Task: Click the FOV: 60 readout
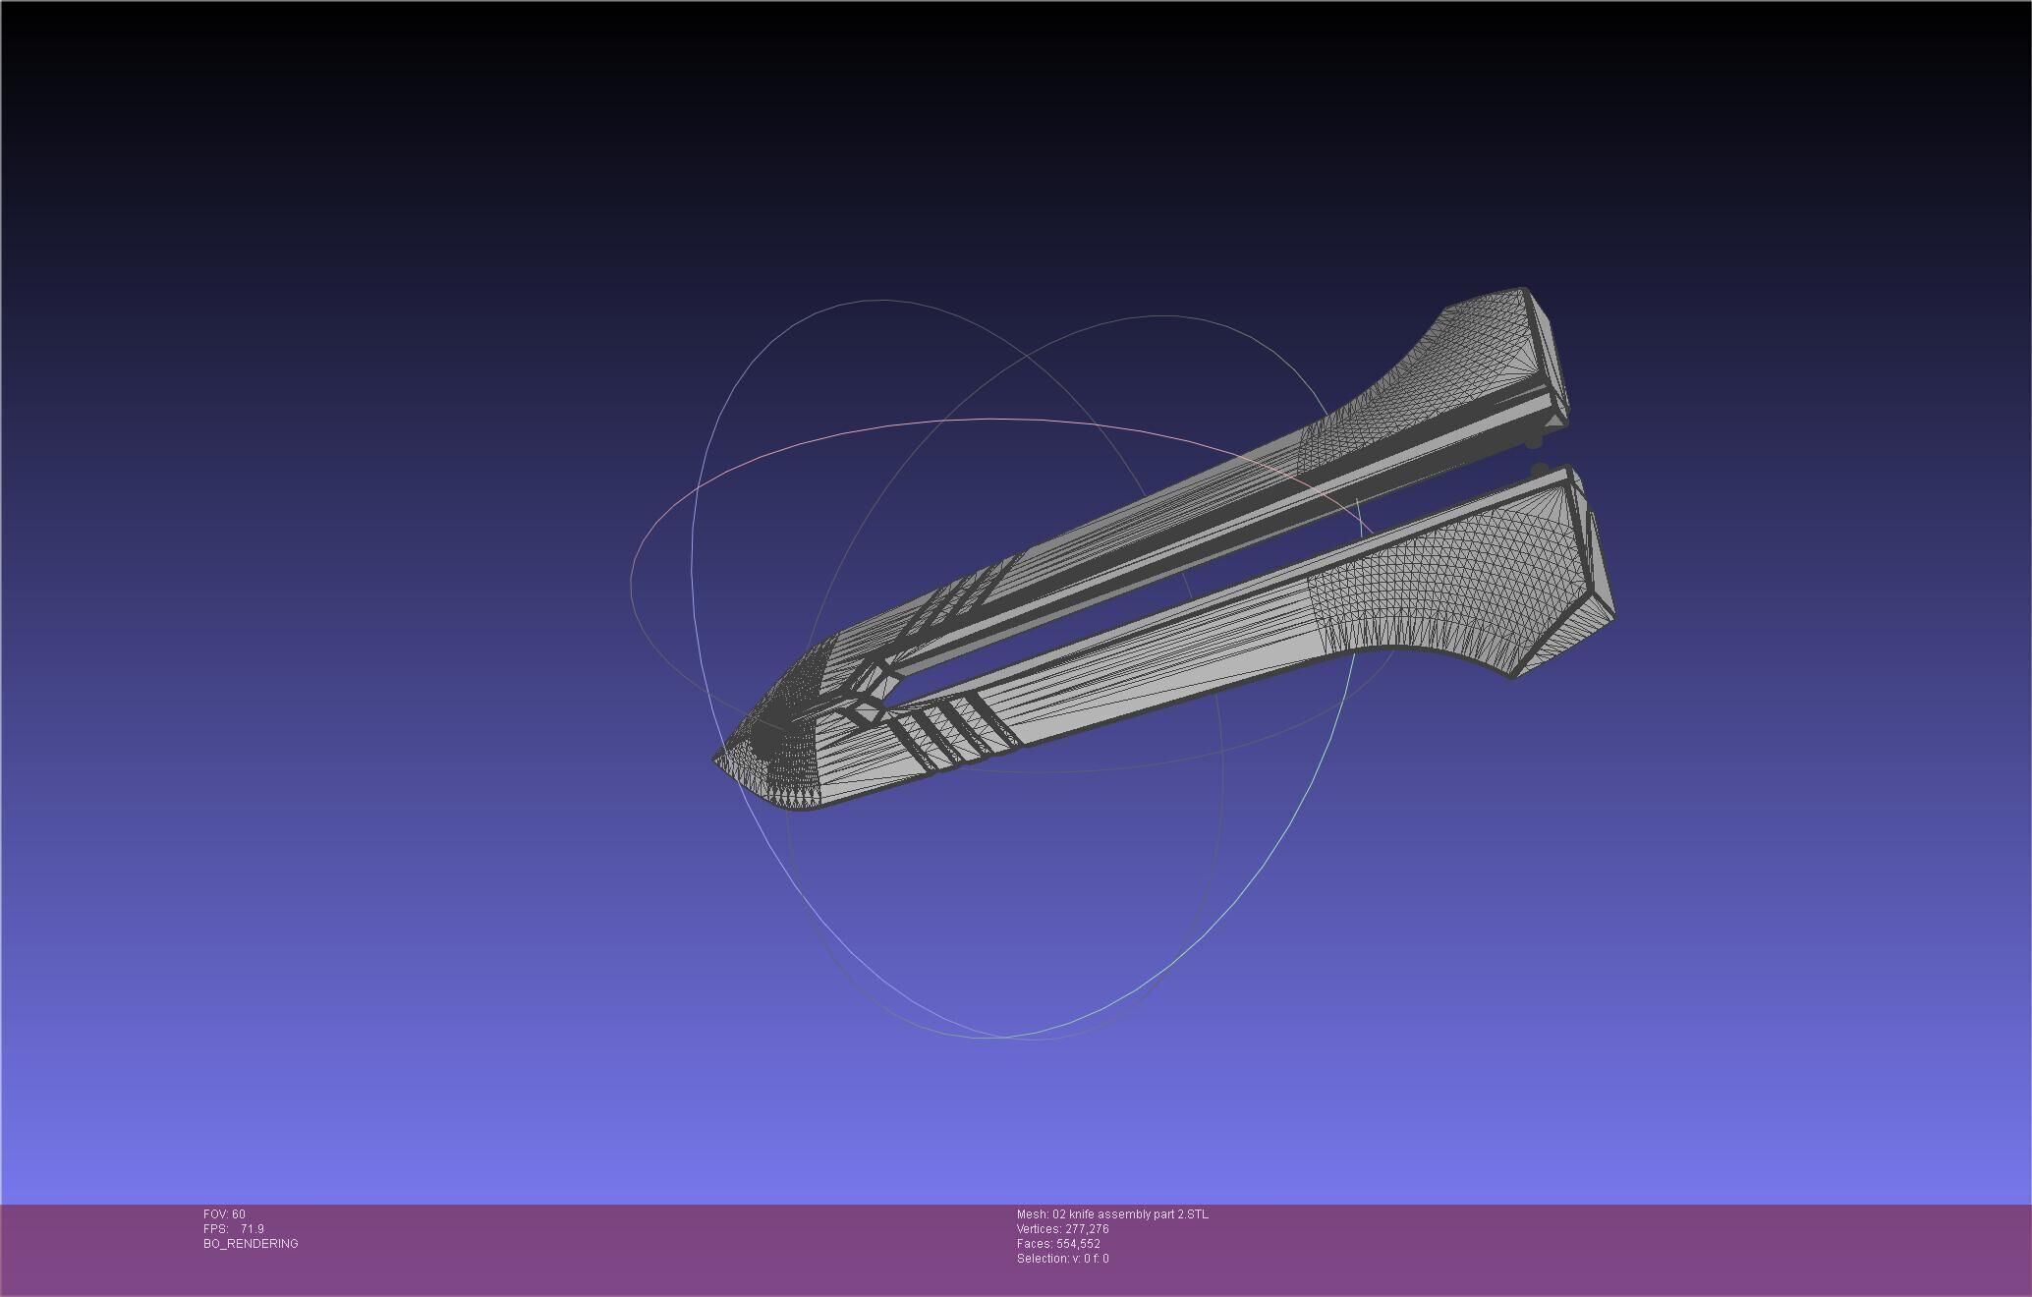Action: point(224,1214)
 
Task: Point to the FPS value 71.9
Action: point(252,1229)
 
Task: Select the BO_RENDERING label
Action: point(251,1244)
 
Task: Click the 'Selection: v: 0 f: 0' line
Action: point(1062,1259)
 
